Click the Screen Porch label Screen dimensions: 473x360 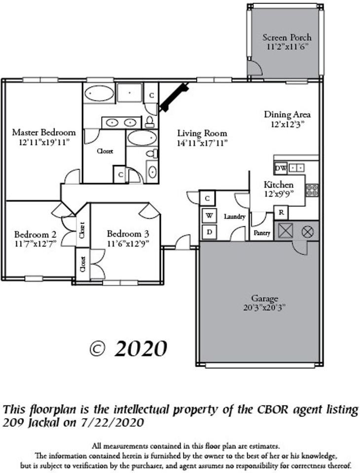coord(287,37)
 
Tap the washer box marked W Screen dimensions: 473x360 coord(209,215)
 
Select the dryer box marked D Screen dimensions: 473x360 coord(209,231)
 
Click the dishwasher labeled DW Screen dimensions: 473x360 coord(280,168)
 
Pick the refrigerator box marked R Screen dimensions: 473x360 coord(281,213)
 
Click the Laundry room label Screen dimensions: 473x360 coord(235,216)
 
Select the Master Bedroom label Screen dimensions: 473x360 coord(44,132)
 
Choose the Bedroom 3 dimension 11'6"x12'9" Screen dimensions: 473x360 coord(128,243)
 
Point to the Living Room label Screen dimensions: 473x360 coord(202,133)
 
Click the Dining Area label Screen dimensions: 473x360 coord(287,115)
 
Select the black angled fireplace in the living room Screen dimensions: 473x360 coord(174,97)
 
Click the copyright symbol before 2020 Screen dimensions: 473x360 coord(98,349)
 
